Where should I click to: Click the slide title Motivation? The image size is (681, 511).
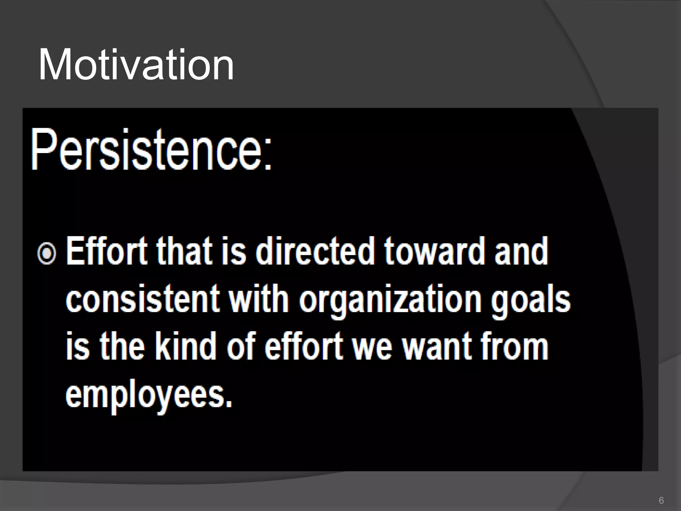point(136,65)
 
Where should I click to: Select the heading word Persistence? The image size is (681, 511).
point(146,150)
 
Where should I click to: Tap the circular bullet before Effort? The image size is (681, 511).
point(47,254)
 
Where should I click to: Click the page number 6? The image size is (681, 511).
point(661,500)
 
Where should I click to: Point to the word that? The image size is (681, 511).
point(184,251)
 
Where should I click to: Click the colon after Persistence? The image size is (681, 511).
point(268,156)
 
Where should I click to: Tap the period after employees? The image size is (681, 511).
point(228,404)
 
